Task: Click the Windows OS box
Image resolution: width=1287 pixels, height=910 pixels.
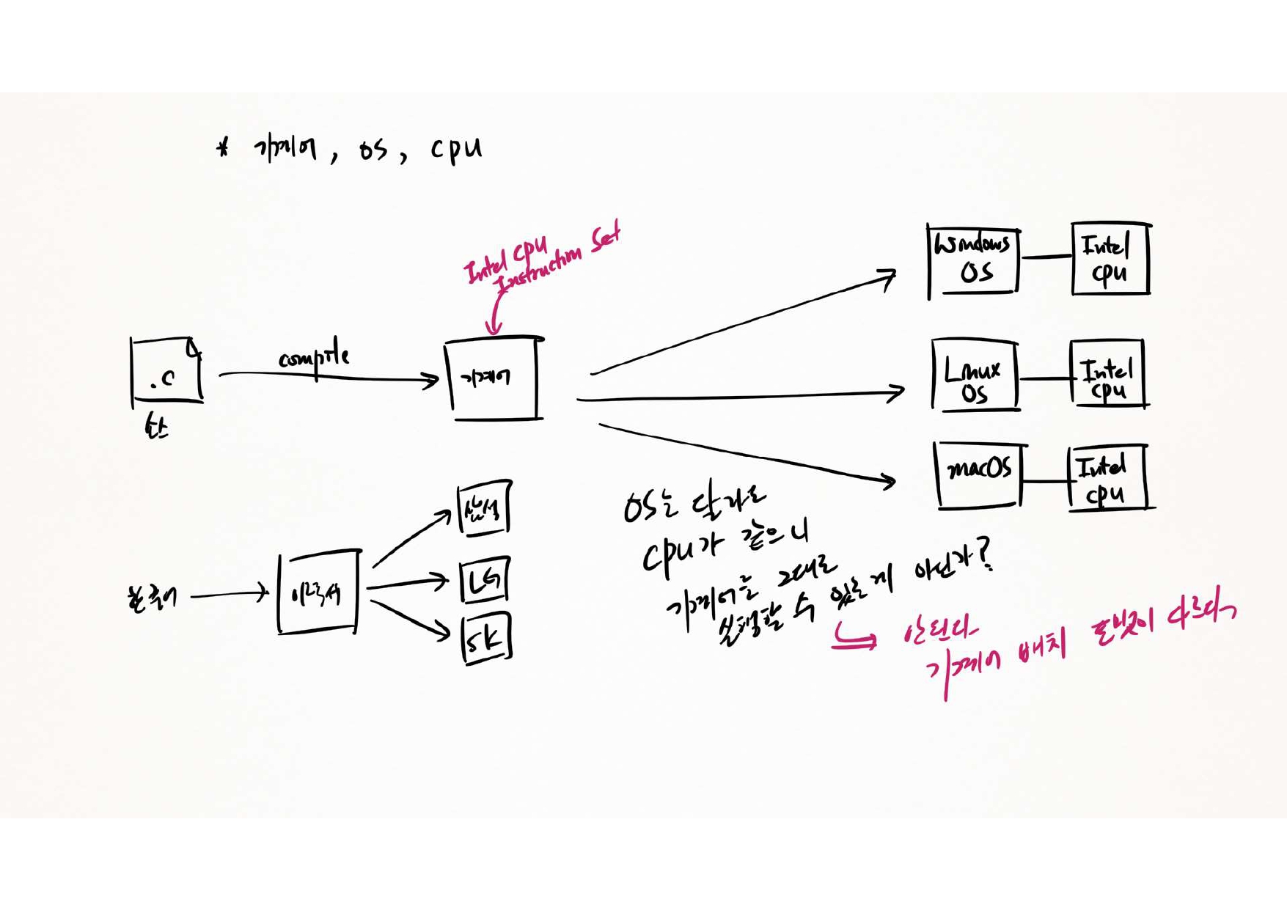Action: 973,260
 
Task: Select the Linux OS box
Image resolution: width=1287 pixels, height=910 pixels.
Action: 975,375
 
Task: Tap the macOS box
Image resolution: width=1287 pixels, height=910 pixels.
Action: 979,474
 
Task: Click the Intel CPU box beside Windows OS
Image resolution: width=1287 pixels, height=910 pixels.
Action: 1110,259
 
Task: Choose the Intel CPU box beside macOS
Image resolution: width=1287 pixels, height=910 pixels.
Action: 1106,477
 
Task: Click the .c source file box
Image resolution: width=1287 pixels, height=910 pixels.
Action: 166,371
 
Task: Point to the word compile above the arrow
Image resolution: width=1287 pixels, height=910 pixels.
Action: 313,357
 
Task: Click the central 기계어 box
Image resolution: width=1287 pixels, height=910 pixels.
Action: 493,378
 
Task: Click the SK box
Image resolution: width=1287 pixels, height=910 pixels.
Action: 486,639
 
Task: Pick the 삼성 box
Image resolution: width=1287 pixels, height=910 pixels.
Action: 483,507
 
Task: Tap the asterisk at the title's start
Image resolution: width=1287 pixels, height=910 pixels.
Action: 223,149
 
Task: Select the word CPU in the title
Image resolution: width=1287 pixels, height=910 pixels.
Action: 456,149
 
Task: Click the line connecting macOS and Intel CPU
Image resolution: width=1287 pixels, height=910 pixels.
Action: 1044,482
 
